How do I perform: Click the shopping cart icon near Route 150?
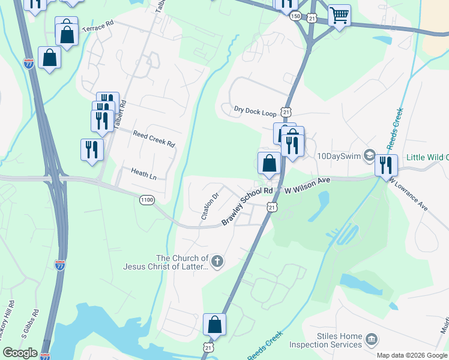coord(340,16)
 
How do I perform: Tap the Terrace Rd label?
coord(97,28)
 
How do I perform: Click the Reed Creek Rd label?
coord(154,140)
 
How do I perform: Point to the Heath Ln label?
coord(143,174)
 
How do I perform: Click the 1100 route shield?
coord(147,200)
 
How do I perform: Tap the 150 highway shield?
coord(295,17)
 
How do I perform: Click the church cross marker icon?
coord(217,261)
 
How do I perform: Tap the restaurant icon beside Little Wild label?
coord(386,164)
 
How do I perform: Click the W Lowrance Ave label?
coord(408,193)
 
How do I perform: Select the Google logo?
coord(20,353)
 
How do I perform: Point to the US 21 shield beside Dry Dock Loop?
coord(286,112)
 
